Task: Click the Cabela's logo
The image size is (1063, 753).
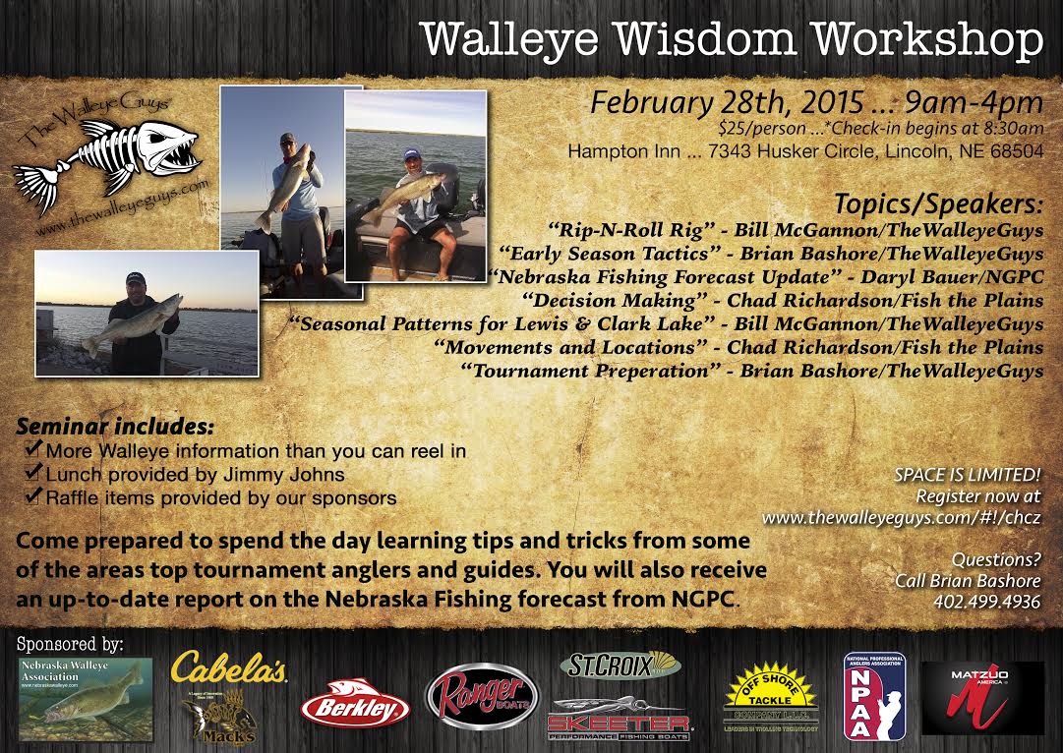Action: point(228,668)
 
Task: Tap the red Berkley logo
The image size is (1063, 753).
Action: point(355,707)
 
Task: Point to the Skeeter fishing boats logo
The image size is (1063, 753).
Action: point(620,720)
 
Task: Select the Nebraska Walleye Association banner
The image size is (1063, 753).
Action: point(86,699)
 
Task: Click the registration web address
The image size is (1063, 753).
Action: point(901,516)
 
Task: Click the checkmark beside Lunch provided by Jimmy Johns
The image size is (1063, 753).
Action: point(33,476)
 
